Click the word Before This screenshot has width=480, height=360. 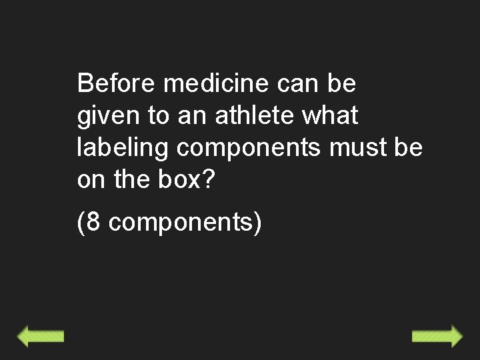[x=116, y=84]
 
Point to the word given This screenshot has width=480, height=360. [x=108, y=116]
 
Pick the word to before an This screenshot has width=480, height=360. [x=158, y=116]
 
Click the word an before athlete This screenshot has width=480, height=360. [x=192, y=116]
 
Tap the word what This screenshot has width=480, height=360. [x=330, y=116]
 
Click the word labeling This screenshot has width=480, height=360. [x=123, y=147]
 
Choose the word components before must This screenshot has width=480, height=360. [x=249, y=148]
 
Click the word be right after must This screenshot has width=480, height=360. [x=407, y=147]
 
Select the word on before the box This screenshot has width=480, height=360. [x=92, y=179]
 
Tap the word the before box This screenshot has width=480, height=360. [x=132, y=179]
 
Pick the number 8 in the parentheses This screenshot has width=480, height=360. [x=93, y=222]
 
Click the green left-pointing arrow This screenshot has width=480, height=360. [x=40, y=336]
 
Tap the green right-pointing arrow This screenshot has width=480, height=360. [x=437, y=336]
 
